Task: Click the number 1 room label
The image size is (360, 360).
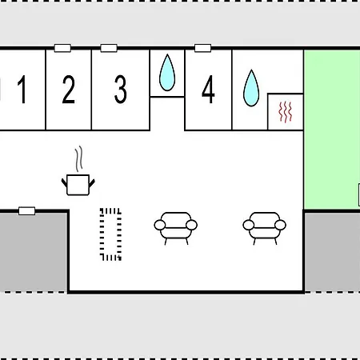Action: click(x=22, y=89)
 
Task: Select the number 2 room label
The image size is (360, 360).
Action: click(x=68, y=89)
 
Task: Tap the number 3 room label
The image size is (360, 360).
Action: click(x=120, y=89)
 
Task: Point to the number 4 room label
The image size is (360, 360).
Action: click(x=208, y=89)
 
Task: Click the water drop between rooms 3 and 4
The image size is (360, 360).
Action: click(x=167, y=73)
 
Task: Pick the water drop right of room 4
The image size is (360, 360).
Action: click(x=251, y=88)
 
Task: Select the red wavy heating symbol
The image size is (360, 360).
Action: click(x=286, y=112)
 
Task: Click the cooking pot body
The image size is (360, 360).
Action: click(x=78, y=185)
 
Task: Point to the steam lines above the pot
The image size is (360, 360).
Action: click(x=78, y=158)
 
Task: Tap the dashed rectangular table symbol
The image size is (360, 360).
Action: click(x=110, y=234)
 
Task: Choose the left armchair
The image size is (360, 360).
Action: click(x=176, y=228)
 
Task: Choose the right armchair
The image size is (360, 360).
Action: click(x=264, y=228)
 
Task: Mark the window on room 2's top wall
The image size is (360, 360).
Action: click(x=62, y=48)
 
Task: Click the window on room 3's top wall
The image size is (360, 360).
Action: click(x=109, y=48)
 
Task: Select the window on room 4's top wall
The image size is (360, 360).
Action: click(x=203, y=48)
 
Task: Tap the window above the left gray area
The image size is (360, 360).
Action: click(x=27, y=211)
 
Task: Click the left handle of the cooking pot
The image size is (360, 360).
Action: click(x=64, y=183)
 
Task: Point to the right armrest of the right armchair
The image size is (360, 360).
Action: click(x=280, y=225)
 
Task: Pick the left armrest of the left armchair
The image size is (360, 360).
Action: click(x=160, y=225)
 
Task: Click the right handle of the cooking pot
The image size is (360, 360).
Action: click(x=92, y=183)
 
